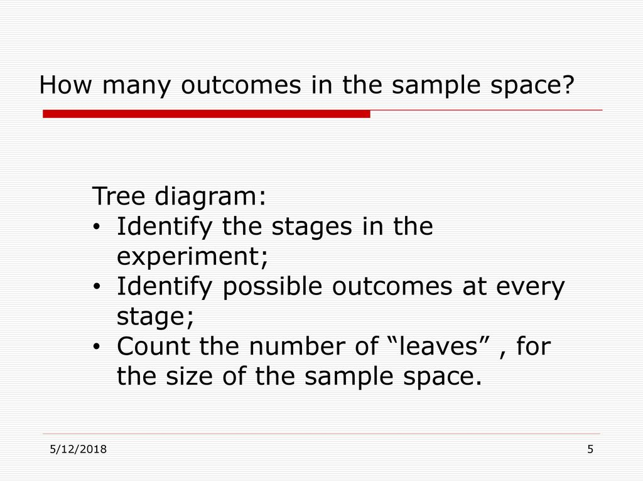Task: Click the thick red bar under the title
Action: click(x=206, y=114)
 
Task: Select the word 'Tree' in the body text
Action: click(x=118, y=196)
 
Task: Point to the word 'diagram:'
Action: click(x=210, y=196)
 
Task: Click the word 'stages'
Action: click(x=311, y=227)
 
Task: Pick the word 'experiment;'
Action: click(x=192, y=257)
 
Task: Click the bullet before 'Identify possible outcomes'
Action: click(x=96, y=286)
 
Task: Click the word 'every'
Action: click(x=530, y=288)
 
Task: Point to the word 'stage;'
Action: click(x=156, y=317)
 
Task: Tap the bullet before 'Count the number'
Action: click(x=96, y=346)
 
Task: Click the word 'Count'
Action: click(x=153, y=346)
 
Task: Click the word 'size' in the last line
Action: click(x=189, y=376)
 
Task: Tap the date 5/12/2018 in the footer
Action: click(x=78, y=449)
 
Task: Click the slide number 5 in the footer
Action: click(x=590, y=449)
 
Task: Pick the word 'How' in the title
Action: click(x=65, y=85)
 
